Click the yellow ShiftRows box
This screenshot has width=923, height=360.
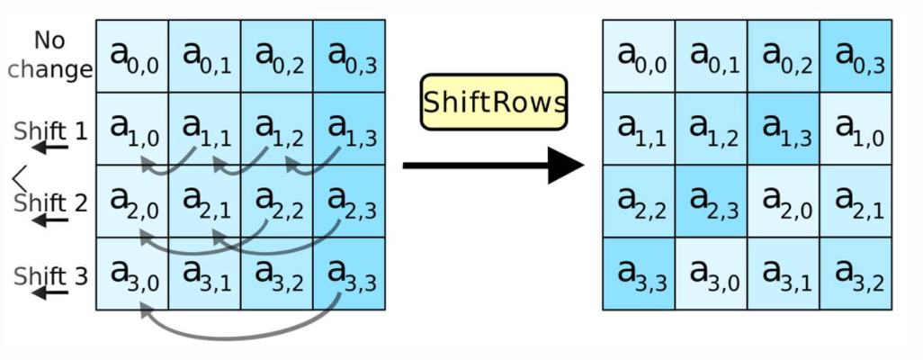pos(494,102)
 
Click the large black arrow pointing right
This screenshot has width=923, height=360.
pos(493,166)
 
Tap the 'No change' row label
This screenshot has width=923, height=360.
pos(50,55)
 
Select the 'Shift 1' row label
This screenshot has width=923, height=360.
pos(50,130)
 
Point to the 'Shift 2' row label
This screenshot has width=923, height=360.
pos(50,204)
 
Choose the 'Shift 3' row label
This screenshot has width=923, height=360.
pos(50,276)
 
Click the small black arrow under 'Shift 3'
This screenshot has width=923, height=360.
pos(50,292)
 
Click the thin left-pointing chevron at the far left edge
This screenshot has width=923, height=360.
pos(20,176)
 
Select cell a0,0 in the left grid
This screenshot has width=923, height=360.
pos(132,56)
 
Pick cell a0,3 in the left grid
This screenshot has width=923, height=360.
pos(349,56)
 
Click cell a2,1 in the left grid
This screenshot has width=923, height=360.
pos(204,202)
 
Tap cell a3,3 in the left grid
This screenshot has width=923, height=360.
pos(349,274)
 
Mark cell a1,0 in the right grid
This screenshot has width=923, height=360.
pos(856,129)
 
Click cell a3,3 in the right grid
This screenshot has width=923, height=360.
pos(639,274)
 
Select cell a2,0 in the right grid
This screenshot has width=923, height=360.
pos(784,202)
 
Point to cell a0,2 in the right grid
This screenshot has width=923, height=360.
pos(784,56)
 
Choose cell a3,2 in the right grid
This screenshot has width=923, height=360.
pos(856,274)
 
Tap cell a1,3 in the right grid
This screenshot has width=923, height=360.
pos(784,129)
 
